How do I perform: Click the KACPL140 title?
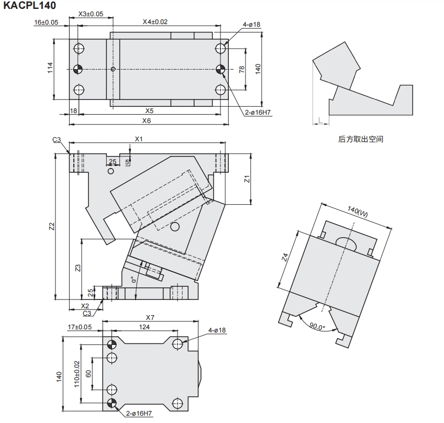point(30,5)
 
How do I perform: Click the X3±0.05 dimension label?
point(91,14)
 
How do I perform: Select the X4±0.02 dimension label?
point(155,22)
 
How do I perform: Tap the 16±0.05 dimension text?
point(46,23)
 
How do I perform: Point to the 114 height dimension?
point(50,68)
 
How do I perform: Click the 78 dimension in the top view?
point(241,70)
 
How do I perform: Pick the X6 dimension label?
point(147,121)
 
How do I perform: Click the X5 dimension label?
point(150,110)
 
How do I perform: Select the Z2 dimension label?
point(51,227)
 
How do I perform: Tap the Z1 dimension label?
point(247,179)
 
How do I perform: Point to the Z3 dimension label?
point(78,268)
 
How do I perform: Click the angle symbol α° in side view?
point(134,280)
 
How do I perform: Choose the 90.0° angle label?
point(317,327)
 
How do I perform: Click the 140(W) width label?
point(358,211)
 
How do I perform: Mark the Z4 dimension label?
point(285,257)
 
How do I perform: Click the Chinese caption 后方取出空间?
point(360,139)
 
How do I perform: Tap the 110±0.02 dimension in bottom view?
point(77,374)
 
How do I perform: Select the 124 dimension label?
point(144,327)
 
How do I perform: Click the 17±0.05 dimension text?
point(80,327)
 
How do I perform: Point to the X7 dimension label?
point(150,317)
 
